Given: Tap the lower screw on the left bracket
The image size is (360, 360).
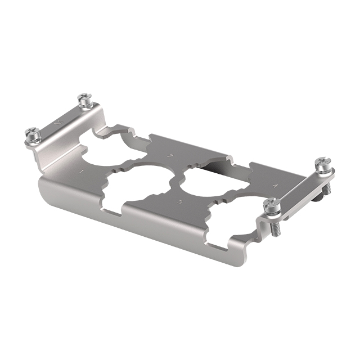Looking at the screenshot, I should pyautogui.click(x=32, y=134).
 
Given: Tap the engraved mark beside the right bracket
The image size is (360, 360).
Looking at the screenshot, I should pyautogui.click(x=274, y=184).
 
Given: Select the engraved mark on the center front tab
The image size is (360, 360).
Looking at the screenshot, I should pyautogui.click(x=179, y=201).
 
